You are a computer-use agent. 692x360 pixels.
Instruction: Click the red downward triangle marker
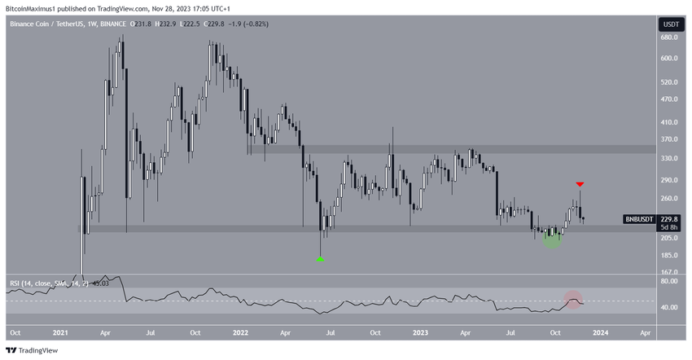[580, 185]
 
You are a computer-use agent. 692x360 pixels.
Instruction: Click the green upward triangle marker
[320, 259]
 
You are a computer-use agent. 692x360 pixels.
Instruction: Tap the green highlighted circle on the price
[553, 237]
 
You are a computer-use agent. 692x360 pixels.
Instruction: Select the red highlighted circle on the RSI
[574, 300]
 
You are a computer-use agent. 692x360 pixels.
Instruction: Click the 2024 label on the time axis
[599, 333]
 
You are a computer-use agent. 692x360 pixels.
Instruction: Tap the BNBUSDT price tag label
[638, 219]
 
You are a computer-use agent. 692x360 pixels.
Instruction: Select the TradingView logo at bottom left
[33, 350]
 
